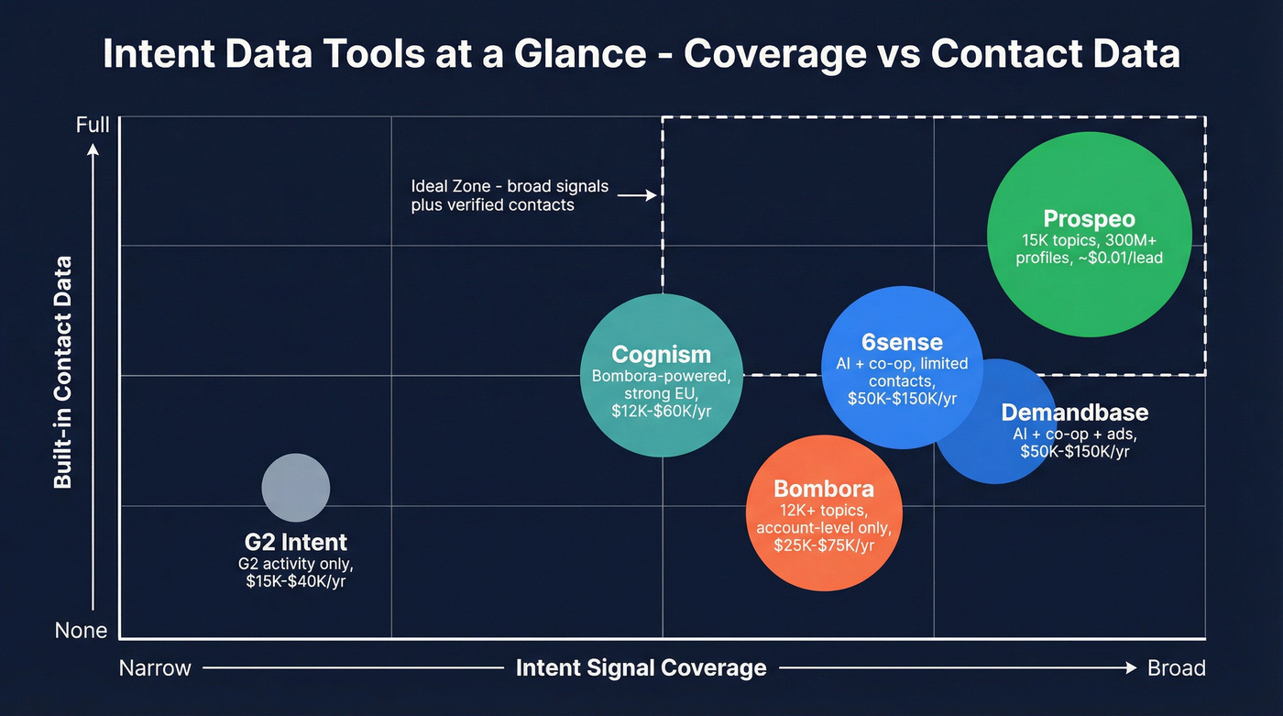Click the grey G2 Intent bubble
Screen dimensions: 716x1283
pyautogui.click(x=295, y=488)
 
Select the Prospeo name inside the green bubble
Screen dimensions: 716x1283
pyautogui.click(x=1089, y=219)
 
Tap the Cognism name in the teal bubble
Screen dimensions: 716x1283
pyautogui.click(x=661, y=354)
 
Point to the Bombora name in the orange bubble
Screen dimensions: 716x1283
pyautogui.click(x=823, y=489)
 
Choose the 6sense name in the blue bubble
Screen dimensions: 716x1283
pyautogui.click(x=902, y=342)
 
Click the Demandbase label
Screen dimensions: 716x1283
pyautogui.click(x=1074, y=412)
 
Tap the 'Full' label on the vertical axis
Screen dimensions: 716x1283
pyautogui.click(x=93, y=125)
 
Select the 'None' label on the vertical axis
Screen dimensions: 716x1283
pyautogui.click(x=82, y=631)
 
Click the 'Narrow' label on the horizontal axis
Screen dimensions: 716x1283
pyautogui.click(x=155, y=668)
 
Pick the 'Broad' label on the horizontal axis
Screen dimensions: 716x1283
pyautogui.click(x=1176, y=668)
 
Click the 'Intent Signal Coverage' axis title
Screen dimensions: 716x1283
pyautogui.click(x=641, y=668)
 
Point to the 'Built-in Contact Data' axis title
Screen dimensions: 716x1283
pyautogui.click(x=62, y=372)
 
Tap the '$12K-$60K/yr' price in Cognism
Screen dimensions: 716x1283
pyautogui.click(x=661, y=412)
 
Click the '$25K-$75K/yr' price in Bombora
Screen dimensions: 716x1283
pyautogui.click(x=823, y=546)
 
